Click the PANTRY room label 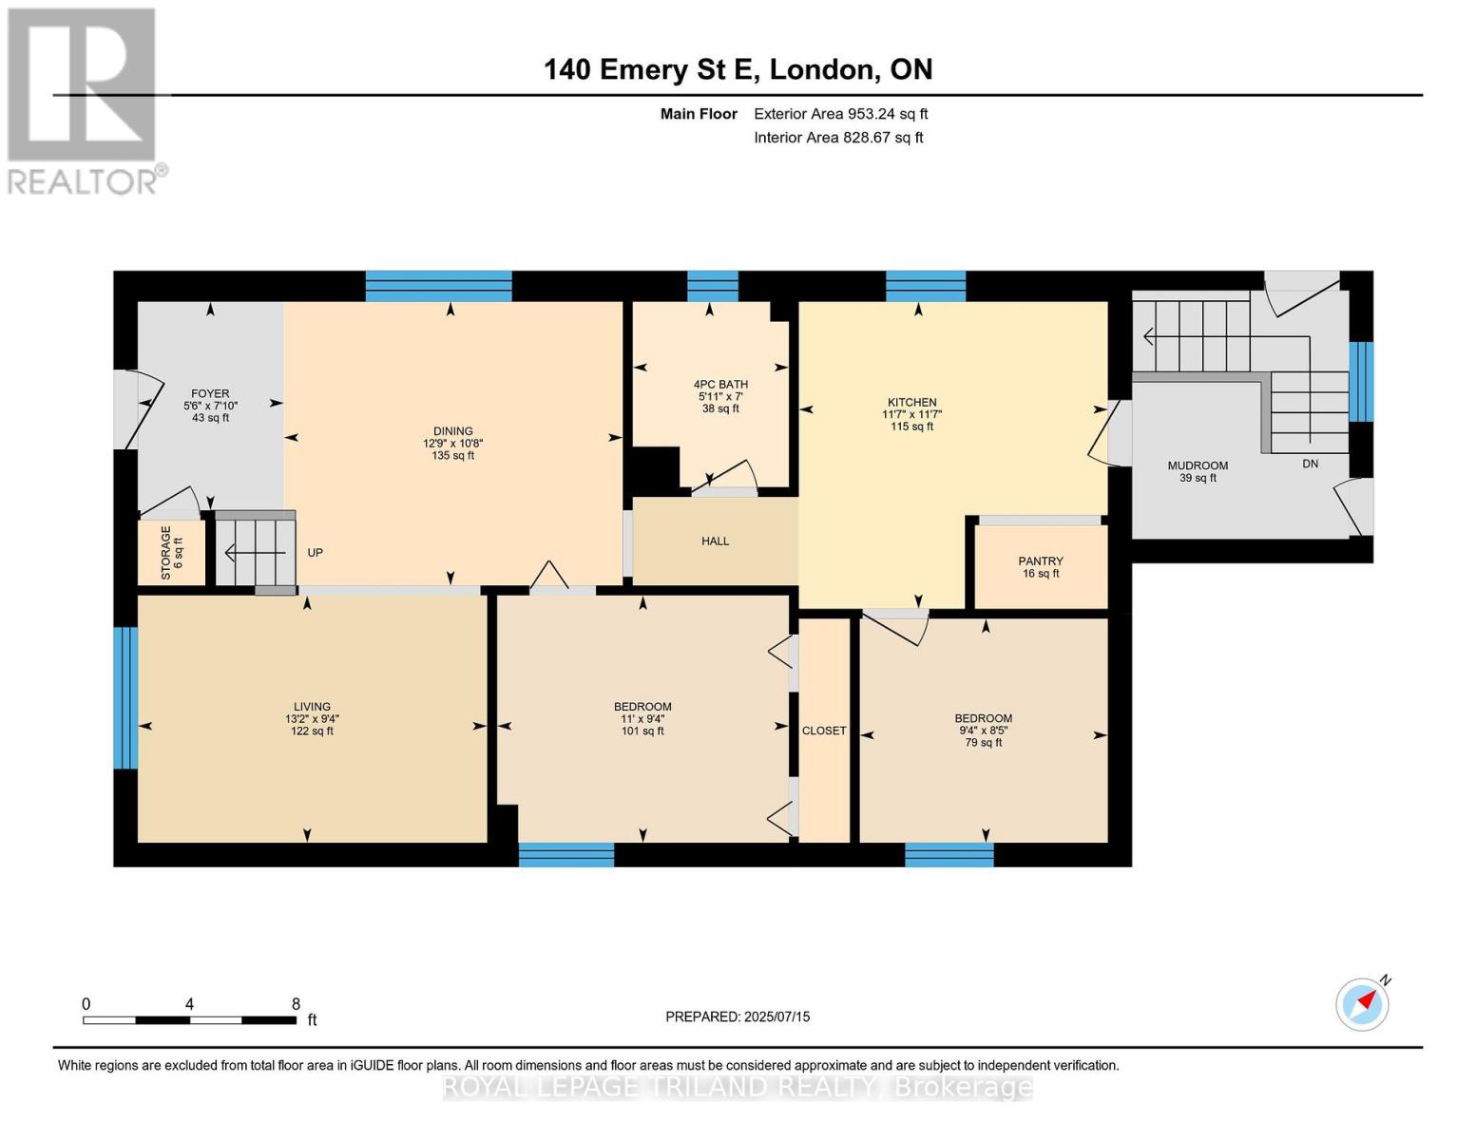(1040, 560)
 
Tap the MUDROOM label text (1198, 465)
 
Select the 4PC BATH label (720, 385)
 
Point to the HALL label (715, 541)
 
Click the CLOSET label (824, 731)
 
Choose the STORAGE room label (165, 553)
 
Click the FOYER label (210, 394)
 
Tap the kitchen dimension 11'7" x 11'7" (911, 414)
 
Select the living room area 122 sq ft (312, 731)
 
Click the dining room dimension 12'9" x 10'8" (453, 444)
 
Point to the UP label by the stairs (315, 553)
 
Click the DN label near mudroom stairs (1311, 464)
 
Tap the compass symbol (1363, 1003)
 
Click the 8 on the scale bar (296, 1003)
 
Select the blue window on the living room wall (125, 697)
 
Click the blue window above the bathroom (713, 286)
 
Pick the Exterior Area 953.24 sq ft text (841, 114)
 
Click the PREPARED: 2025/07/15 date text (738, 1016)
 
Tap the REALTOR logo (85, 102)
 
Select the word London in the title (822, 69)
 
